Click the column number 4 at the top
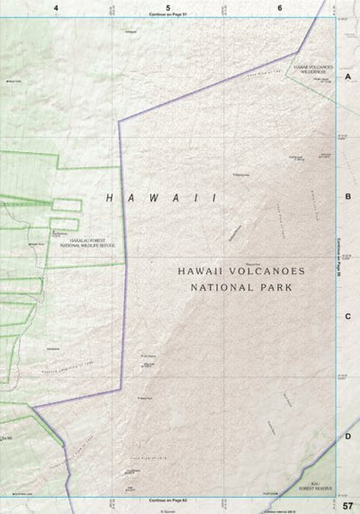(56, 7)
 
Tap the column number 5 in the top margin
(168, 7)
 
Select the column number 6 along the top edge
(280, 7)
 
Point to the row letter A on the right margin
(347, 78)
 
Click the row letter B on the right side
(347, 195)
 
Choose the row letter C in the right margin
(347, 316)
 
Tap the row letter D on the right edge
(347, 437)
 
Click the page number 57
(347, 505)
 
